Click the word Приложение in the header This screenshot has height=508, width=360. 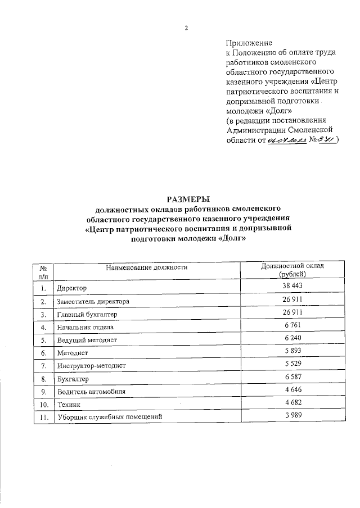pyautogui.click(x=249, y=43)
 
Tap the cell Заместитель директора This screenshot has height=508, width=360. pyautogui.click(x=93, y=302)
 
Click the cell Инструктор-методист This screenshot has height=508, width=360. pyautogui.click(x=91, y=366)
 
